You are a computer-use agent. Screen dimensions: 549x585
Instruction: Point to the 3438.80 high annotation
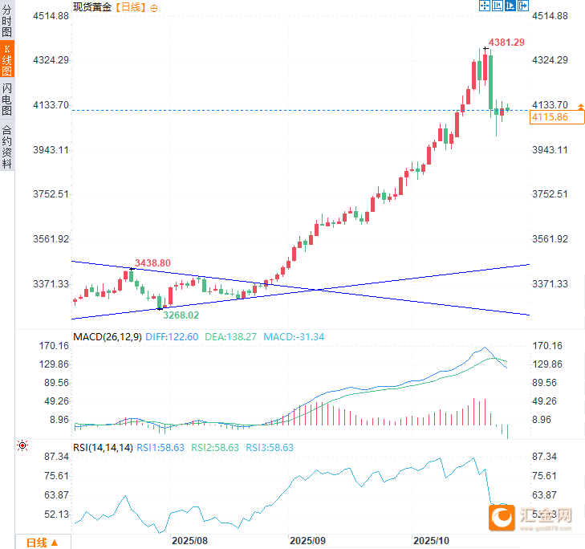pos(152,263)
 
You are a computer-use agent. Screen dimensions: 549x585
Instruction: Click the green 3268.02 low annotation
pos(181,315)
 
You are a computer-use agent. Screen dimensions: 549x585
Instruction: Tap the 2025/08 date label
pos(190,541)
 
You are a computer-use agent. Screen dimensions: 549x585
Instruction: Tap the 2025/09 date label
pos(309,541)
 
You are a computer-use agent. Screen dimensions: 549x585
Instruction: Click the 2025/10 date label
pos(430,541)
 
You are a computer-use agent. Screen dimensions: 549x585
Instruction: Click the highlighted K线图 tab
pos(7,61)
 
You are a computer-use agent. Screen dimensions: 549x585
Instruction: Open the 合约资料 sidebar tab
pos(7,146)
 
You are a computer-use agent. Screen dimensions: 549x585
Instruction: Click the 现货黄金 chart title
pos(91,7)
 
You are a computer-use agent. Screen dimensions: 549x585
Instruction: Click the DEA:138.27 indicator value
pos(231,337)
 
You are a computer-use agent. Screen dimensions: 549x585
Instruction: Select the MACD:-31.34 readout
pos(294,337)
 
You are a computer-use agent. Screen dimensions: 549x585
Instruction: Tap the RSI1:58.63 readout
pos(160,448)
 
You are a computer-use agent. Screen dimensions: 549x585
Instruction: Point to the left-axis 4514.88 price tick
pos(51,16)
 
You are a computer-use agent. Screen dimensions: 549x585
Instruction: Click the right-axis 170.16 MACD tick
pos(548,346)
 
